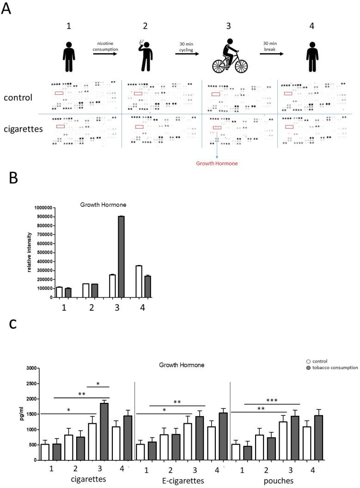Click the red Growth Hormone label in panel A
tap(217, 163)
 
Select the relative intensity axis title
tap(31, 252)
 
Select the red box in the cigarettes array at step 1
tap(60, 126)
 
